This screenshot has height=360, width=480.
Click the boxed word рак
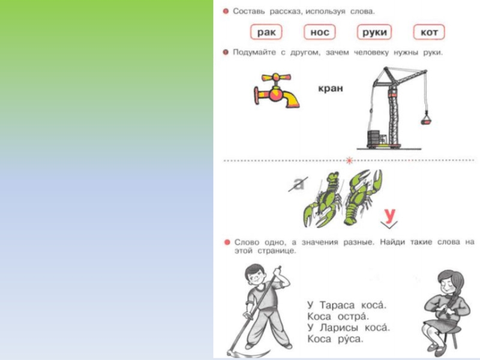click(266, 32)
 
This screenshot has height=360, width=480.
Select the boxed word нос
click(320, 32)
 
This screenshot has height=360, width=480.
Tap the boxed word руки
click(374, 32)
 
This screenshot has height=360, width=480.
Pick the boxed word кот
click(429, 32)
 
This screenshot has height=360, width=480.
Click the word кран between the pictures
click(331, 88)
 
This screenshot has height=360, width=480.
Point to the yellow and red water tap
click(276, 91)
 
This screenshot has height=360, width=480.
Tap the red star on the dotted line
click(349, 160)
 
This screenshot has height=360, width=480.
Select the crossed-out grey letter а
click(298, 184)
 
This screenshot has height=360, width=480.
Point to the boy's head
click(256, 276)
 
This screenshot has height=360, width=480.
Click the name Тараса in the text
click(337, 305)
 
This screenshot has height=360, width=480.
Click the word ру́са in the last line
click(350, 339)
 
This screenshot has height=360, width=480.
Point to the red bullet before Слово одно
click(227, 242)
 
